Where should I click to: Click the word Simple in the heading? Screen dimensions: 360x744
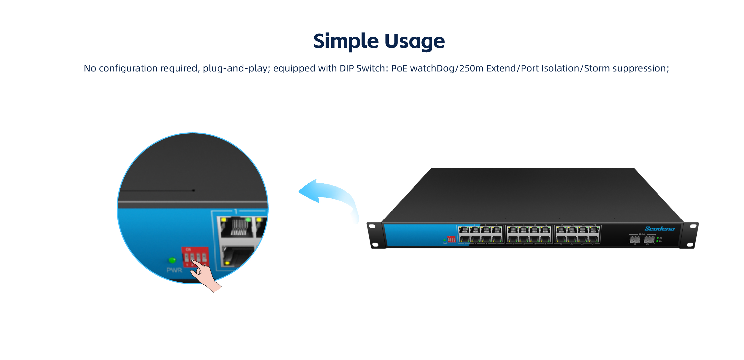[x=345, y=41]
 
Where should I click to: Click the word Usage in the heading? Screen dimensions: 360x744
[x=415, y=41]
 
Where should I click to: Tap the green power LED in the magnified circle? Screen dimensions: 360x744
[x=172, y=260]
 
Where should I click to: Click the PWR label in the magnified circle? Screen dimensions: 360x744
[x=174, y=270]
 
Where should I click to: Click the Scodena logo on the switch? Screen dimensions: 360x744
[x=660, y=229]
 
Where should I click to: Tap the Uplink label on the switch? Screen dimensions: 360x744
[x=642, y=234]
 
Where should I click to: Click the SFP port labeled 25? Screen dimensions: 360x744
[x=635, y=239]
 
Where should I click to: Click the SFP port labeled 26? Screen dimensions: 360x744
[x=649, y=239]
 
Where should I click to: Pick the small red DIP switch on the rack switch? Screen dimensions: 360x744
[x=451, y=239]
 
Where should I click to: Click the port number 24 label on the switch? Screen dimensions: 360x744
[x=594, y=244]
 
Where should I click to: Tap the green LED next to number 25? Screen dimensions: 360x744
[x=658, y=238]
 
